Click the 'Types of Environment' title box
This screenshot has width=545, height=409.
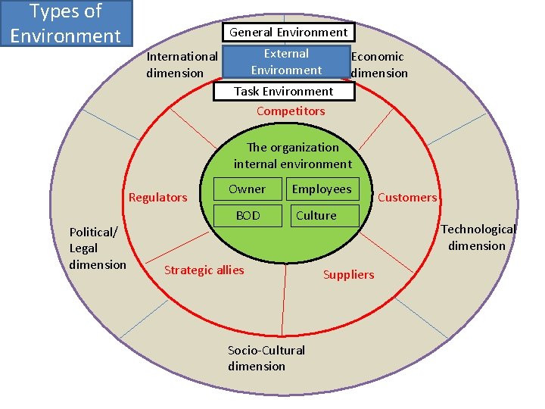[66, 23]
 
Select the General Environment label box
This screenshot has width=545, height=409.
[288, 32]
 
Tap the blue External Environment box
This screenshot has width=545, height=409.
[286, 62]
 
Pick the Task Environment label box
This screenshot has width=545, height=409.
[283, 92]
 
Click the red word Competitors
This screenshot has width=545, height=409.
[291, 111]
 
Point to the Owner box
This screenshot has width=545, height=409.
[248, 189]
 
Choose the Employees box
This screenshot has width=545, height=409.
[322, 189]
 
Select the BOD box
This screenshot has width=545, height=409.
[248, 216]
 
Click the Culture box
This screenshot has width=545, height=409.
[316, 216]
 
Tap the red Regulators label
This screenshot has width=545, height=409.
[158, 198]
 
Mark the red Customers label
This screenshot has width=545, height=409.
[407, 198]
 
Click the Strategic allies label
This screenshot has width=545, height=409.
[204, 270]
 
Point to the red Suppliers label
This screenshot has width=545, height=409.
[348, 275]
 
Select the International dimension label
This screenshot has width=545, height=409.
[182, 64]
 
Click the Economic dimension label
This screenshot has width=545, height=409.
[378, 64]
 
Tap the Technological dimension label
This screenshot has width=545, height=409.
[478, 237]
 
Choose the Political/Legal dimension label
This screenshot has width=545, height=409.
[97, 248]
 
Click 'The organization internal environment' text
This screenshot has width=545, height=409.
[293, 155]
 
